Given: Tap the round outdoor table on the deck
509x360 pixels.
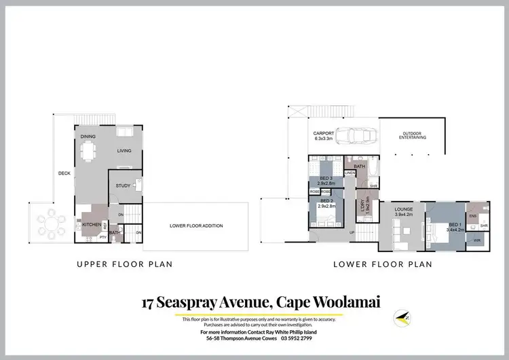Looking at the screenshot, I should click(50, 222).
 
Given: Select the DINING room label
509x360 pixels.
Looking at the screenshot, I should click(88, 137).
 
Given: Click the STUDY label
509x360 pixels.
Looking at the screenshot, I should click(123, 185).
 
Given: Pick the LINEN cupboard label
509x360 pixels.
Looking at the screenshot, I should click(350, 173).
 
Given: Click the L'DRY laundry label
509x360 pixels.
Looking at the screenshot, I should click(364, 204).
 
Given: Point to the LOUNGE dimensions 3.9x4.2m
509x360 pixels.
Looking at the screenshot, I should click(403, 215).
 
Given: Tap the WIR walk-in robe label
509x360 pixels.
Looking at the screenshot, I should click(476, 240).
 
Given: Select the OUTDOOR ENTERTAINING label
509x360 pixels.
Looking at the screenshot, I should click(412, 135).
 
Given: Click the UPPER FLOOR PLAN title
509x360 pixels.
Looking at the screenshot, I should click(124, 264).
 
